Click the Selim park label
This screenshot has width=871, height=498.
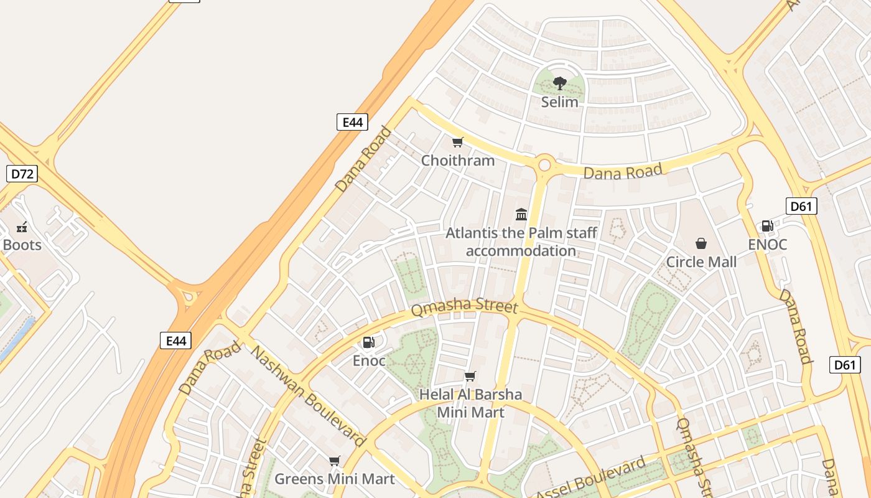559,102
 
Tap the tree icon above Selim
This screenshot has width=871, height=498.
559,83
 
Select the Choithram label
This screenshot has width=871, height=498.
458,161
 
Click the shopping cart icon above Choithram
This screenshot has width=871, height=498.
458,143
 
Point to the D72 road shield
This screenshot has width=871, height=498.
22,174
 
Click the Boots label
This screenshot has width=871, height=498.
22,245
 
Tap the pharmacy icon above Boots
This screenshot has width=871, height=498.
22,227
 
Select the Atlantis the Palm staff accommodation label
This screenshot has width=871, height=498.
521,242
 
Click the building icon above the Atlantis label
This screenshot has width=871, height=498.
521,215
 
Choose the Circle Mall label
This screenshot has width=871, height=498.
701,262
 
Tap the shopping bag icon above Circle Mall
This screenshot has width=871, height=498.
701,243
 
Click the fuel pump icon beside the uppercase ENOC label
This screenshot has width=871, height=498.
768,226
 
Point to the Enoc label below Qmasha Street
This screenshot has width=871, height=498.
369,361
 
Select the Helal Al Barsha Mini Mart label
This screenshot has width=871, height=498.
470,403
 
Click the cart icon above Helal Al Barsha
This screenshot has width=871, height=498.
470,376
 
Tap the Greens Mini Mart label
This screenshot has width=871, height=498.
335,479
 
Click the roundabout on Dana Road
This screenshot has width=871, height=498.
545,165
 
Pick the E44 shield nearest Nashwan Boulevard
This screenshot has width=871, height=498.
175,341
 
